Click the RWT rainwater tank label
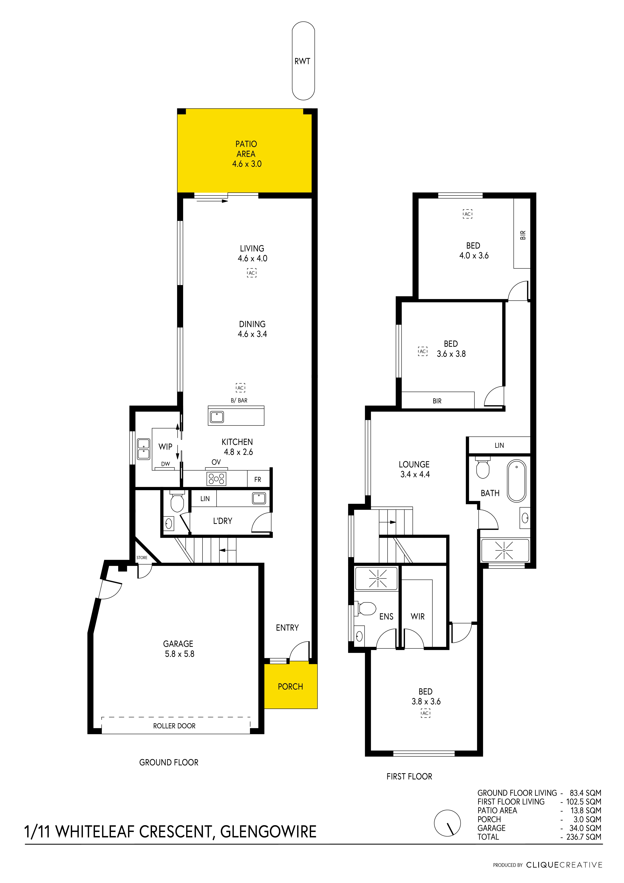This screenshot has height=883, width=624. click(x=302, y=61)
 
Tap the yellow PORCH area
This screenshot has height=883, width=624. click(x=291, y=686)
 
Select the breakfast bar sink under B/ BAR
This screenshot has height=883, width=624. click(x=217, y=417)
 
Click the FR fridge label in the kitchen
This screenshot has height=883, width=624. click(x=258, y=480)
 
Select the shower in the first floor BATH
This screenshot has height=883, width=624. click(x=504, y=550)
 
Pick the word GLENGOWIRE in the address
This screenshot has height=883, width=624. click(x=268, y=832)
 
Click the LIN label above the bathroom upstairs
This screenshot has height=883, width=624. click(x=499, y=445)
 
